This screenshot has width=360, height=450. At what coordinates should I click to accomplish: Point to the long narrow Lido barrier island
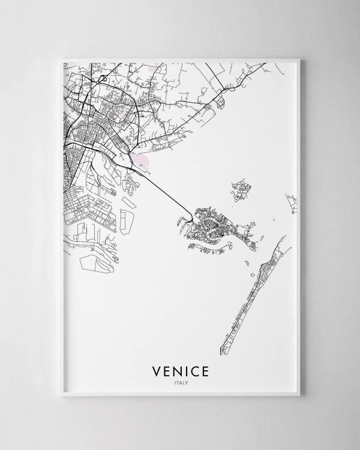(x=252, y=294)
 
